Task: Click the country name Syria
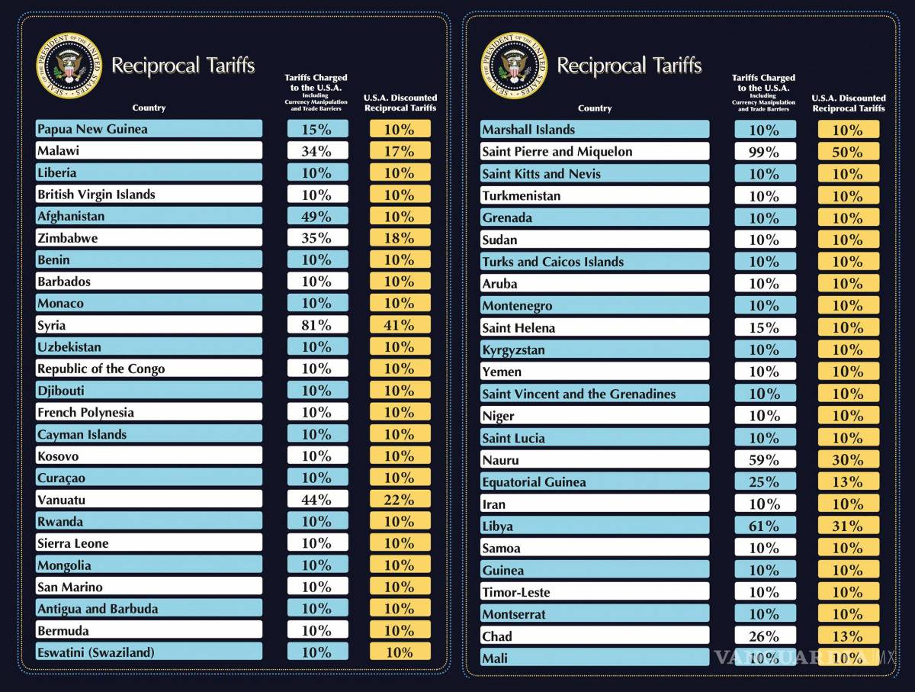pos(52,325)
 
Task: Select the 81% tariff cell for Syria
pos(317,325)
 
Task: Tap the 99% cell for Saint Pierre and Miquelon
pos(764,152)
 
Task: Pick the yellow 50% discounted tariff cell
pos(848,152)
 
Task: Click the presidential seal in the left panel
pos(68,65)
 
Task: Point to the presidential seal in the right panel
pos(513,65)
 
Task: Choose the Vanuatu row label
pos(61,500)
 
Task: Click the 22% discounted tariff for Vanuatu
pos(400,500)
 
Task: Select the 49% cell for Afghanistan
pos(317,216)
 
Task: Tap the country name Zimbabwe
pos(68,238)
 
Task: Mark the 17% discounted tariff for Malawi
pos(400,151)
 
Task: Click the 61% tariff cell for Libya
pos(764,526)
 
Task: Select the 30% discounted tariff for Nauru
pos(848,460)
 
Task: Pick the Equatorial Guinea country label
pos(534,482)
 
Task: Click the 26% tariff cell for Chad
pos(764,636)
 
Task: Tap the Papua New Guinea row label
pos(92,129)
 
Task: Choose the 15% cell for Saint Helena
pos(764,328)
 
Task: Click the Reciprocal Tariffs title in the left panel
pos(183,66)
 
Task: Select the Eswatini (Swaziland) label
pos(95,652)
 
